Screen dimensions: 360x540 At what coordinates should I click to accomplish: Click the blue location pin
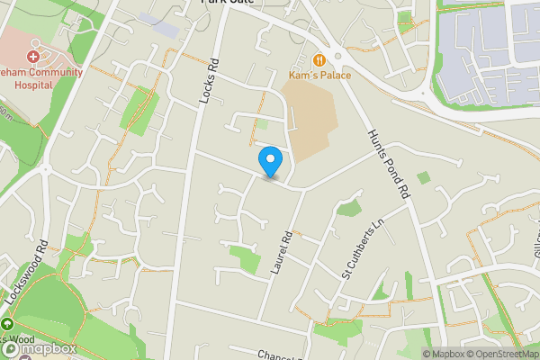pos(270,161)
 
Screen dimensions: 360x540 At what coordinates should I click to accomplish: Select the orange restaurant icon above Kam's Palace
pos(319,59)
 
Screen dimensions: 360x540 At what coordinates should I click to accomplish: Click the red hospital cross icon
pos(32,56)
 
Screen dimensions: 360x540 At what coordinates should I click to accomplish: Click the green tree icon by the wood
pos(6,324)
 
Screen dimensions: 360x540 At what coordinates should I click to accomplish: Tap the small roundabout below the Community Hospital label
pos(45,167)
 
